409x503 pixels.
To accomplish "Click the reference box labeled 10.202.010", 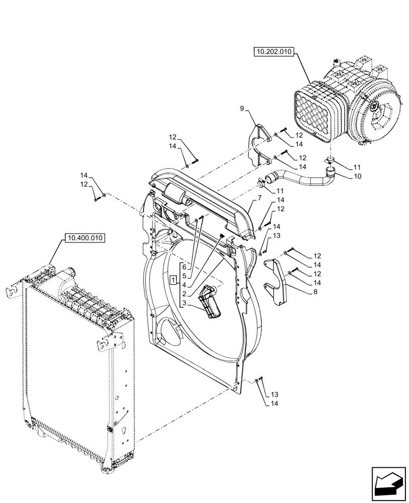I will tap(273, 52).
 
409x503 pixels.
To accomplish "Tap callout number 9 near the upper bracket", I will tap(243, 108).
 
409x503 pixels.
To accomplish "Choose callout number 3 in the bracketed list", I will tap(184, 303).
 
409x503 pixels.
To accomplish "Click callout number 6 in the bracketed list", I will tap(184, 267).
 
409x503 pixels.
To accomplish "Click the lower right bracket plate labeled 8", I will tap(278, 282).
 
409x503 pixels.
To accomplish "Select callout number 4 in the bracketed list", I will tap(184, 285).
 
